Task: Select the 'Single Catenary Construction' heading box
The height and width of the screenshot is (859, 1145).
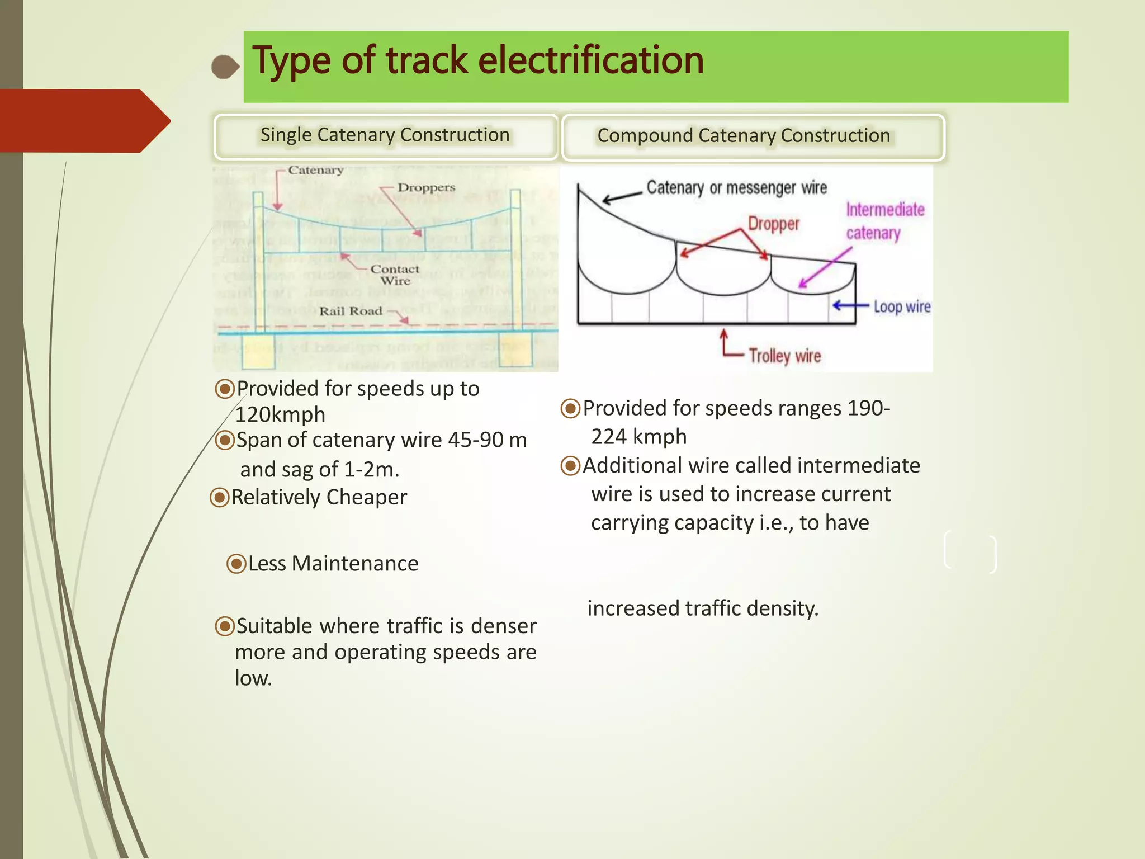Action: [385, 136]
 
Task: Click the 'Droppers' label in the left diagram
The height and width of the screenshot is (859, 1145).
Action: [426, 188]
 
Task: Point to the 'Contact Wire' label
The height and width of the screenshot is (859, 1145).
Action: [395, 275]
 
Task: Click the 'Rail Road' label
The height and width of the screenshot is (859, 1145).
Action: [351, 311]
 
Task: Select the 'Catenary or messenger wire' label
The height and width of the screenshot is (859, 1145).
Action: [736, 188]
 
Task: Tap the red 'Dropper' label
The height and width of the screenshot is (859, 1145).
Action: [774, 224]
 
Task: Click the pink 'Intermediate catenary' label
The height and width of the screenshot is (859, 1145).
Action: [884, 221]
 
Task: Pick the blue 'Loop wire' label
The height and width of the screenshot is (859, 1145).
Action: [902, 306]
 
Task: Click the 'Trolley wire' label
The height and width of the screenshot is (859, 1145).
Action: [785, 356]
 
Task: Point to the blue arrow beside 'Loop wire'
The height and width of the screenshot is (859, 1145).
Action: [850, 305]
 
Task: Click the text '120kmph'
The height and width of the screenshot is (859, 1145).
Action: [280, 415]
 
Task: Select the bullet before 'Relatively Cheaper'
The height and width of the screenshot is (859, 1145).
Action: [220, 497]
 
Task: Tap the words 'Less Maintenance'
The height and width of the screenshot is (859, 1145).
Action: [333, 564]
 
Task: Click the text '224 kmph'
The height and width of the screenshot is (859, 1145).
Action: [639, 437]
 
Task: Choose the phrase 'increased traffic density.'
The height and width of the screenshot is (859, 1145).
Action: [703, 608]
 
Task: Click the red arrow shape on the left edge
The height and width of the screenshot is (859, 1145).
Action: [84, 121]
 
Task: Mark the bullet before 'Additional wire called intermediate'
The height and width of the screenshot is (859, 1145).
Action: [570, 466]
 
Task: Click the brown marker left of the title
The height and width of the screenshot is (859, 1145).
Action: [225, 67]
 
